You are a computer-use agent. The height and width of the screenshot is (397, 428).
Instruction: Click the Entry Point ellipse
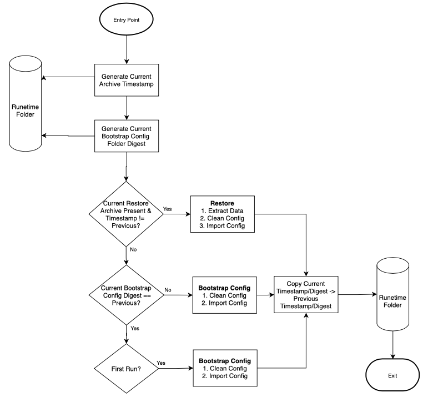coord(127,19)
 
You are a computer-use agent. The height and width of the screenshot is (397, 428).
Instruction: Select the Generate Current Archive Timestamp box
coord(127,80)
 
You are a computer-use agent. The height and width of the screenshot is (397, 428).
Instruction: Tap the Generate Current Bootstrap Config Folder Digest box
coord(127,136)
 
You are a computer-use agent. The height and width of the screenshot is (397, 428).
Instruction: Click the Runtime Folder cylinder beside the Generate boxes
coord(26,103)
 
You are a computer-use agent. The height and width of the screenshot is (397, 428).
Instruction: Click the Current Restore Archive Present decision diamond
coord(126,214)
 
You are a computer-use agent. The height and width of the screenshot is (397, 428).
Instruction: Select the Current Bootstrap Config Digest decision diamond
coord(127,295)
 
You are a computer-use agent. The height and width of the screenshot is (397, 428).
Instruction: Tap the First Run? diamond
coord(127,368)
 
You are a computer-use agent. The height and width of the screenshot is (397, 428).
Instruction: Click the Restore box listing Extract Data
coord(223,214)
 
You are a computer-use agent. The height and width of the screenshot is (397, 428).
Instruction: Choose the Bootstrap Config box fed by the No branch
coord(225,295)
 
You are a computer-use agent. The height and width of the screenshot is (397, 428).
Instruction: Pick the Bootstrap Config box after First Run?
coord(225,368)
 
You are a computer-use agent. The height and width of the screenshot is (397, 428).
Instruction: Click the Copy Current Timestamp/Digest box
coord(306,295)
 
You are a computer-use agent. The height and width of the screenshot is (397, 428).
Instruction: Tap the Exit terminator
coord(392,375)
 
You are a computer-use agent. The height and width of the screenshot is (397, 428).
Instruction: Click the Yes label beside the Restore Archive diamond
coord(167,209)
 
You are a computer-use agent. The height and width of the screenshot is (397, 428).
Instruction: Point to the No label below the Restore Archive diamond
coord(133,249)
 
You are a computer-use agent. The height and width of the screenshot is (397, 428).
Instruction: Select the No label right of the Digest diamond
coord(168,290)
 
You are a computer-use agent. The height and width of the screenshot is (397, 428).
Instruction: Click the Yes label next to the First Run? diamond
coord(161,363)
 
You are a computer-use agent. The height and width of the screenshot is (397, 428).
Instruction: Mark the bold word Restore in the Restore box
coord(222,203)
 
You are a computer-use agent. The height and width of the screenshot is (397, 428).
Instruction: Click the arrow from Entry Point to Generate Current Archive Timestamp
coord(127,49)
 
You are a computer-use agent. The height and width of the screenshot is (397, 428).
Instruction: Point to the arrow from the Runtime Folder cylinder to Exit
coord(393,345)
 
